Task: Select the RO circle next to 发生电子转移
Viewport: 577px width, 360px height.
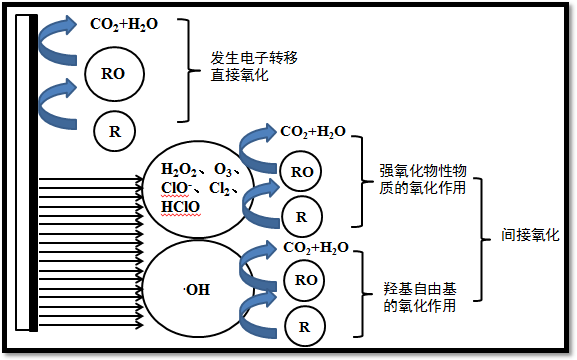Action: click(113, 72)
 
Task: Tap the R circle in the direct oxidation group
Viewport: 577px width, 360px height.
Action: click(113, 129)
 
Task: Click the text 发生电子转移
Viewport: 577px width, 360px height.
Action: click(255, 58)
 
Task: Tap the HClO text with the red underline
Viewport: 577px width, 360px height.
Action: click(181, 207)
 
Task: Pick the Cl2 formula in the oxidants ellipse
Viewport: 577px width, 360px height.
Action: click(225, 188)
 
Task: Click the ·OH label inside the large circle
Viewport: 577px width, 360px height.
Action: click(197, 290)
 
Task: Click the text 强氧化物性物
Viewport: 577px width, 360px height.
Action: click(422, 170)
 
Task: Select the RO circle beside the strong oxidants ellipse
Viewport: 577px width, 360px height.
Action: click(301, 172)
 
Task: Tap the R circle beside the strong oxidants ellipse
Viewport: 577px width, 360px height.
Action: click(301, 213)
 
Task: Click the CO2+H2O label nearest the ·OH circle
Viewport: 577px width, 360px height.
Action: click(316, 247)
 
